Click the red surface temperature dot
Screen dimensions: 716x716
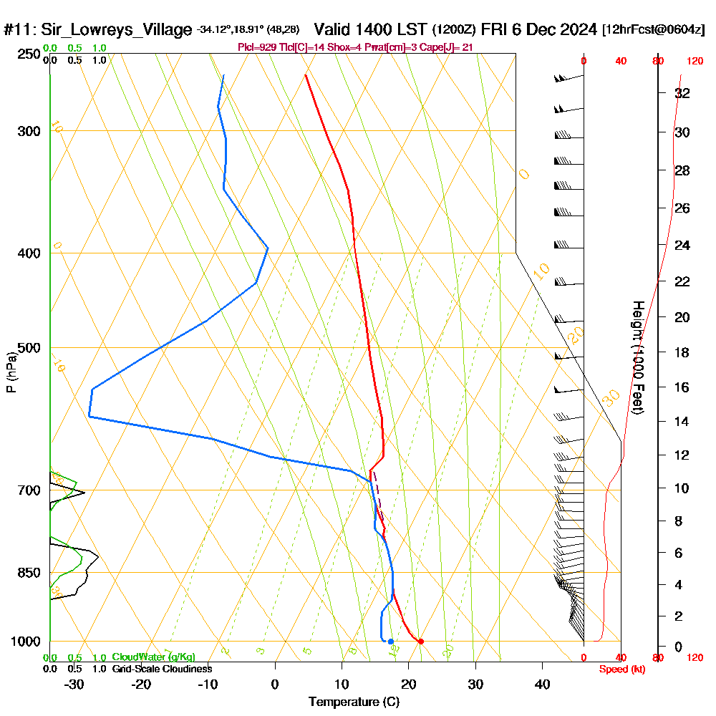coord(420,641)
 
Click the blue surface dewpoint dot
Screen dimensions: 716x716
coord(390,641)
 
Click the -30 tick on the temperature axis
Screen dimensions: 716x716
coord(74,684)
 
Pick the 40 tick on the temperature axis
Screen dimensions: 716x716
coord(542,684)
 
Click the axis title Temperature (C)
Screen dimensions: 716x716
coord(354,702)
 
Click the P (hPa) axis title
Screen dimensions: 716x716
coord(11,372)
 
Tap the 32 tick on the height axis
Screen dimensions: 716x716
coord(682,93)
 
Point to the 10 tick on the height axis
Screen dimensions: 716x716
coord(682,488)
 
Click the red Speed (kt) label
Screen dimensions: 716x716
coord(621,669)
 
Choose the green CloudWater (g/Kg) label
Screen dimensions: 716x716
coord(153,657)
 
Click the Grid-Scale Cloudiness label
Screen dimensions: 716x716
coord(162,669)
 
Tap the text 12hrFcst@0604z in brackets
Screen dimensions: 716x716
coord(654,29)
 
